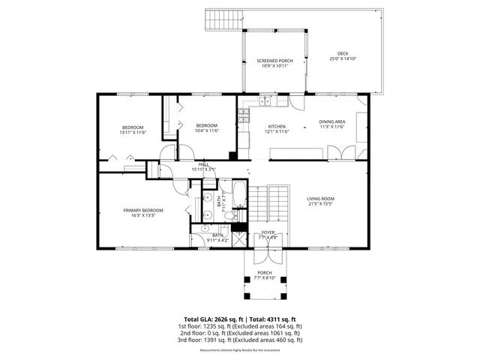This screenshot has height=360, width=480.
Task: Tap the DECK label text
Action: coord(343,53)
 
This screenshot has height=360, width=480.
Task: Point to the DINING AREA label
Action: coord(331,121)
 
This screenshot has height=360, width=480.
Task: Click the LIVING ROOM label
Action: coord(320,199)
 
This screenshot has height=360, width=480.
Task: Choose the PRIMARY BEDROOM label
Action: coord(143,210)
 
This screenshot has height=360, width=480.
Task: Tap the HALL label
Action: coord(202,164)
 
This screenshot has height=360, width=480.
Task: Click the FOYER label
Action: coord(267,232)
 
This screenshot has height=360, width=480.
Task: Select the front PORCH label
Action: coord(264,272)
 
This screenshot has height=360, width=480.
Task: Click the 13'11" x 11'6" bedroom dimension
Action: coord(133,132)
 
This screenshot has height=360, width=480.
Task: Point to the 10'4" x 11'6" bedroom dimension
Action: coord(206,130)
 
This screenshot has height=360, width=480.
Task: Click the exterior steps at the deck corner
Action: coord(223,18)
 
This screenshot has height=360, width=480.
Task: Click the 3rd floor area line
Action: coord(240,340)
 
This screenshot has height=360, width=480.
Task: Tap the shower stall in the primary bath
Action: coord(238,238)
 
